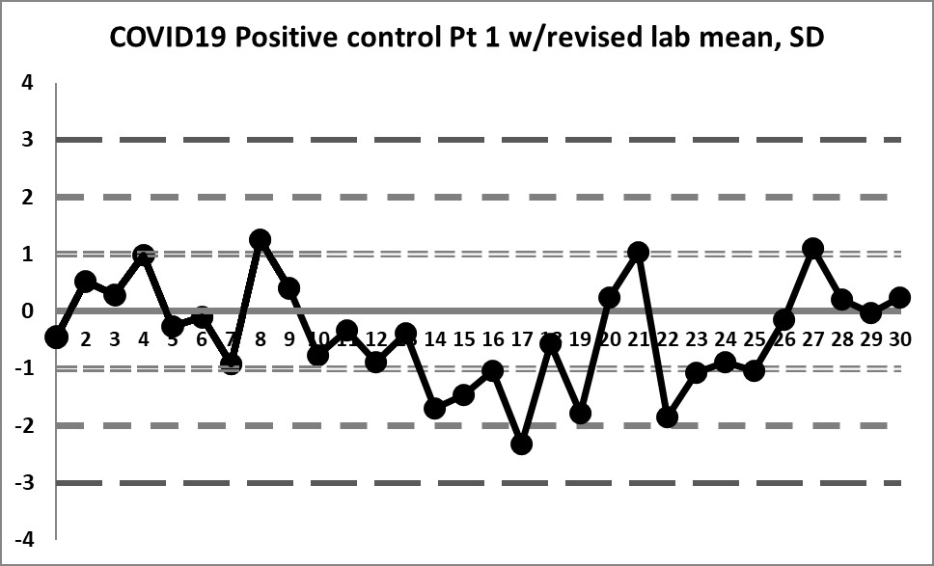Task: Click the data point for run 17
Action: pos(522,444)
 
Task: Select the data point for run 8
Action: pos(260,239)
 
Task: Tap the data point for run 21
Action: pos(638,253)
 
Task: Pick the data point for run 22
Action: pos(667,417)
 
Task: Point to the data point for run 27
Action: pos(812,249)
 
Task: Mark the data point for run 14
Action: pos(434,408)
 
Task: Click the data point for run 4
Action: pos(143,255)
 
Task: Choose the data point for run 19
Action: pos(580,414)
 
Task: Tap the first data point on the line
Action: pos(56,337)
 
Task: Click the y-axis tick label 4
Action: pos(28,83)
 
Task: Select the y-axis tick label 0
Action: pos(28,311)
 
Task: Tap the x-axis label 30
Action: pos(899,339)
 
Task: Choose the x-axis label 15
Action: pos(463,339)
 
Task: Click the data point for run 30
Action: pos(899,298)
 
